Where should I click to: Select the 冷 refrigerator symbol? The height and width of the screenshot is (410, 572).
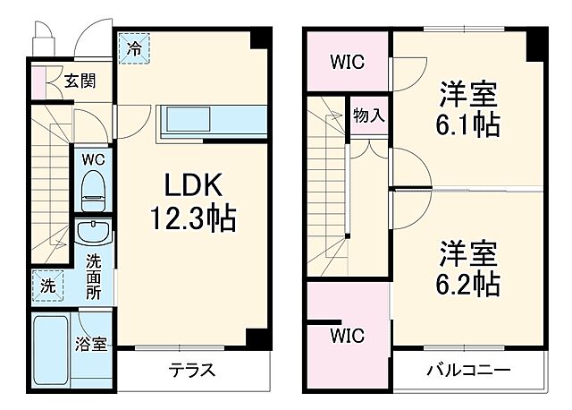(x=134, y=47)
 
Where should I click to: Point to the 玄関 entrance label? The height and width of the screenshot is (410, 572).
(x=80, y=81)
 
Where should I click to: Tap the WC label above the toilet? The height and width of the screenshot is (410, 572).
(x=92, y=158)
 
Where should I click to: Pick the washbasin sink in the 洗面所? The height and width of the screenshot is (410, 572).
(x=92, y=234)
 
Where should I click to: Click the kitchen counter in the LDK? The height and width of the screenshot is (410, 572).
(x=210, y=120)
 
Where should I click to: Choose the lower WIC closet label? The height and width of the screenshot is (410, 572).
(x=347, y=336)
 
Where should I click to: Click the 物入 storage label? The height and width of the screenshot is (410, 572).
(x=368, y=115)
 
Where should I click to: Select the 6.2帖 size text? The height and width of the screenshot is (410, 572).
(x=468, y=285)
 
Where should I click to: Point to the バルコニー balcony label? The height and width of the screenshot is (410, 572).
(x=467, y=371)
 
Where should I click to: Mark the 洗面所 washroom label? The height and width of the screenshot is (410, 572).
(x=93, y=278)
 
